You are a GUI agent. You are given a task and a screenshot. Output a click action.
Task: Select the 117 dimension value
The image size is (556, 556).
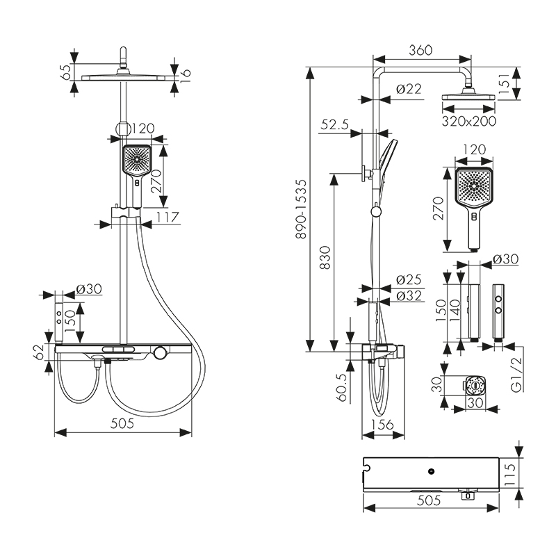(x=167, y=218)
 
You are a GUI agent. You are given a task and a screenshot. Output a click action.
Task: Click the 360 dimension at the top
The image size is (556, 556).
(x=420, y=50)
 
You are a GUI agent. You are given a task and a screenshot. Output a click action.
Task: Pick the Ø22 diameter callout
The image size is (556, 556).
(x=409, y=88)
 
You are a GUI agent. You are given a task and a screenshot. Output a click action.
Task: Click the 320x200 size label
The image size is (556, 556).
(x=470, y=121)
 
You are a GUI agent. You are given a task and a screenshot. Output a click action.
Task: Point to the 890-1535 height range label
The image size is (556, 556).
(x=300, y=209)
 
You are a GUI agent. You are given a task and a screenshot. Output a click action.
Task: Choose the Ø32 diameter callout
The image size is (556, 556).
(x=409, y=295)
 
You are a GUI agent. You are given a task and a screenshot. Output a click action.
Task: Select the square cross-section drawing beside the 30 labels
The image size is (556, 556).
(x=475, y=384)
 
